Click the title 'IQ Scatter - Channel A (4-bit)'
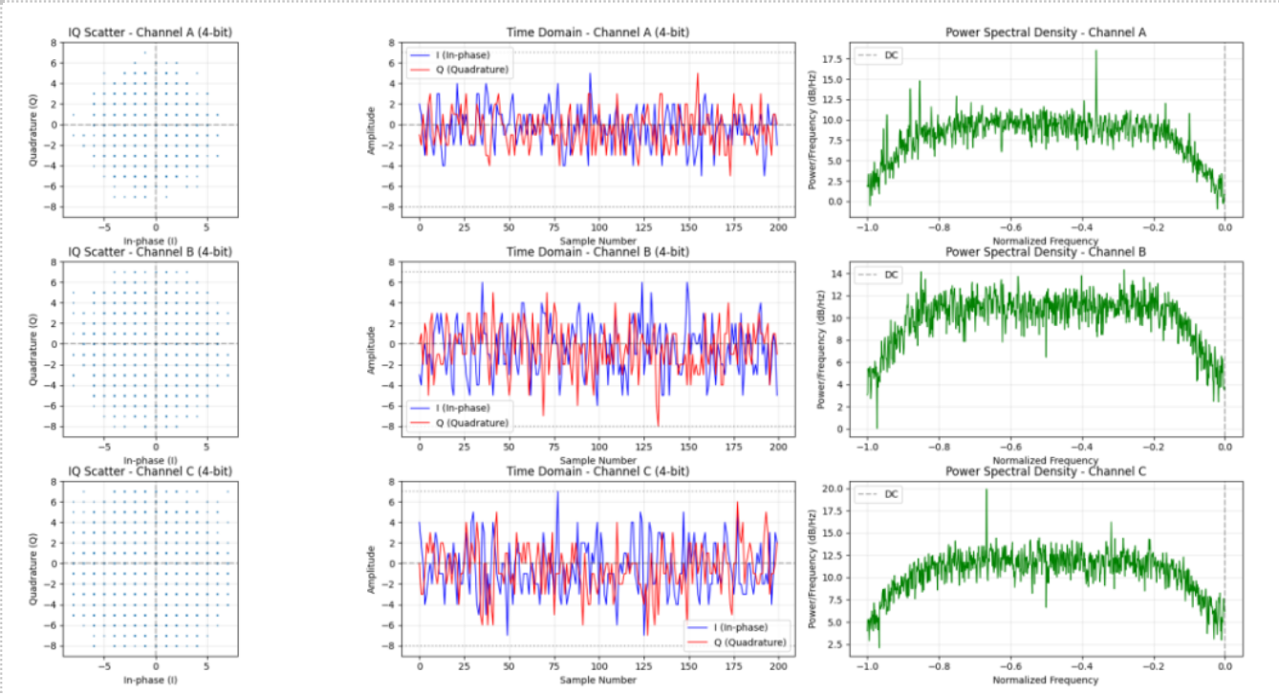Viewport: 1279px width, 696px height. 149,33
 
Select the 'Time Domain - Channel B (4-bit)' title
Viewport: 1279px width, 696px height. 598,252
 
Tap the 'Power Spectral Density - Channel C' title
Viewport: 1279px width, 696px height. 1046,471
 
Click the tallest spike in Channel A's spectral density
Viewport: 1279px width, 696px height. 1096,53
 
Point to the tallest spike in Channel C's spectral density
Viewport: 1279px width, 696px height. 986,491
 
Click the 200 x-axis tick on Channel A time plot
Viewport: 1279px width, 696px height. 778,229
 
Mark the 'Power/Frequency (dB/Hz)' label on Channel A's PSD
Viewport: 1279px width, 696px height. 813,124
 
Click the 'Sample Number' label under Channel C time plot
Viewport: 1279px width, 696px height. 598,680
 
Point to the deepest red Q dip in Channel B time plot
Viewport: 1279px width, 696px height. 658,425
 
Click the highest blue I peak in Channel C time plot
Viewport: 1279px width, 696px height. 556,492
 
